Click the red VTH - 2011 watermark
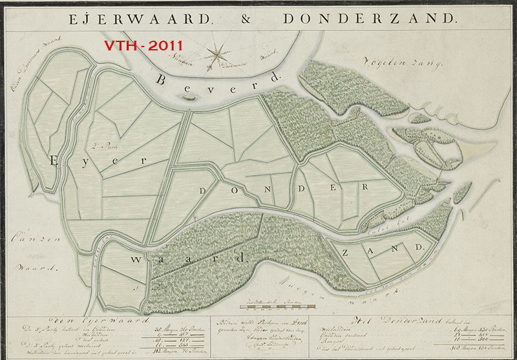(144, 46)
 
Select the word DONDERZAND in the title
(369, 19)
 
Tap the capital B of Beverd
(162, 80)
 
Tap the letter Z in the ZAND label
(349, 251)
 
